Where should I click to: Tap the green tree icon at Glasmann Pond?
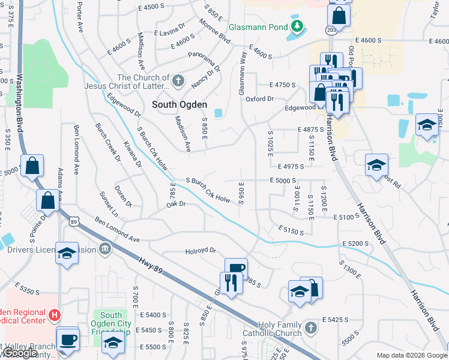pyautogui.click(x=296, y=26)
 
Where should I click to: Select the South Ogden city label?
pyautogui.click(x=179, y=104)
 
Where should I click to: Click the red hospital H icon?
pyautogui.click(x=55, y=314)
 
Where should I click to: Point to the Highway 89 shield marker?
pyautogui.click(x=73, y=221)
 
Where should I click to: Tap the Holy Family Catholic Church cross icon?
pyautogui.click(x=310, y=328)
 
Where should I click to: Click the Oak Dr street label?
pyautogui.click(x=177, y=205)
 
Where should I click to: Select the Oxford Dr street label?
pyautogui.click(x=259, y=98)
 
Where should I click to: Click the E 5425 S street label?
pyautogui.click(x=336, y=320)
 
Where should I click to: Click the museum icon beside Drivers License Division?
pyautogui.click(x=105, y=247)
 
